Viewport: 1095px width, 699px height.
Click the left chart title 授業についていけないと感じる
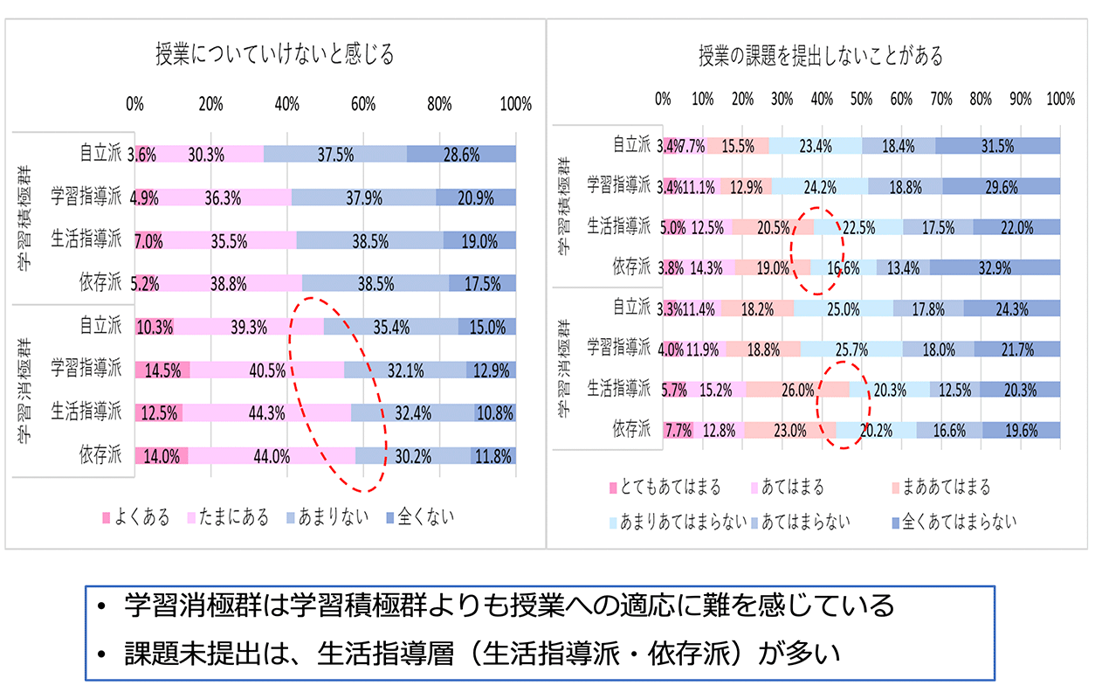pyautogui.click(x=274, y=55)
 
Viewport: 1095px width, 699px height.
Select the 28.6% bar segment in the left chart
pyautogui.click(x=461, y=154)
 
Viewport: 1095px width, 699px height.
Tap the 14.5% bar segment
pyautogui.click(x=163, y=370)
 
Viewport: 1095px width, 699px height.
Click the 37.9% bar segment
pyautogui.click(x=363, y=197)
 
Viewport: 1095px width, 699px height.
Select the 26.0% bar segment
pyautogui.click(x=797, y=390)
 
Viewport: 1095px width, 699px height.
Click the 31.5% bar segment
pyautogui.click(x=997, y=146)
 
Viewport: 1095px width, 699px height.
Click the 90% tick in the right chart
pyautogui.click(x=1021, y=98)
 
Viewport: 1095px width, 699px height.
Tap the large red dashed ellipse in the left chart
pyautogui.click(x=339, y=393)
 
